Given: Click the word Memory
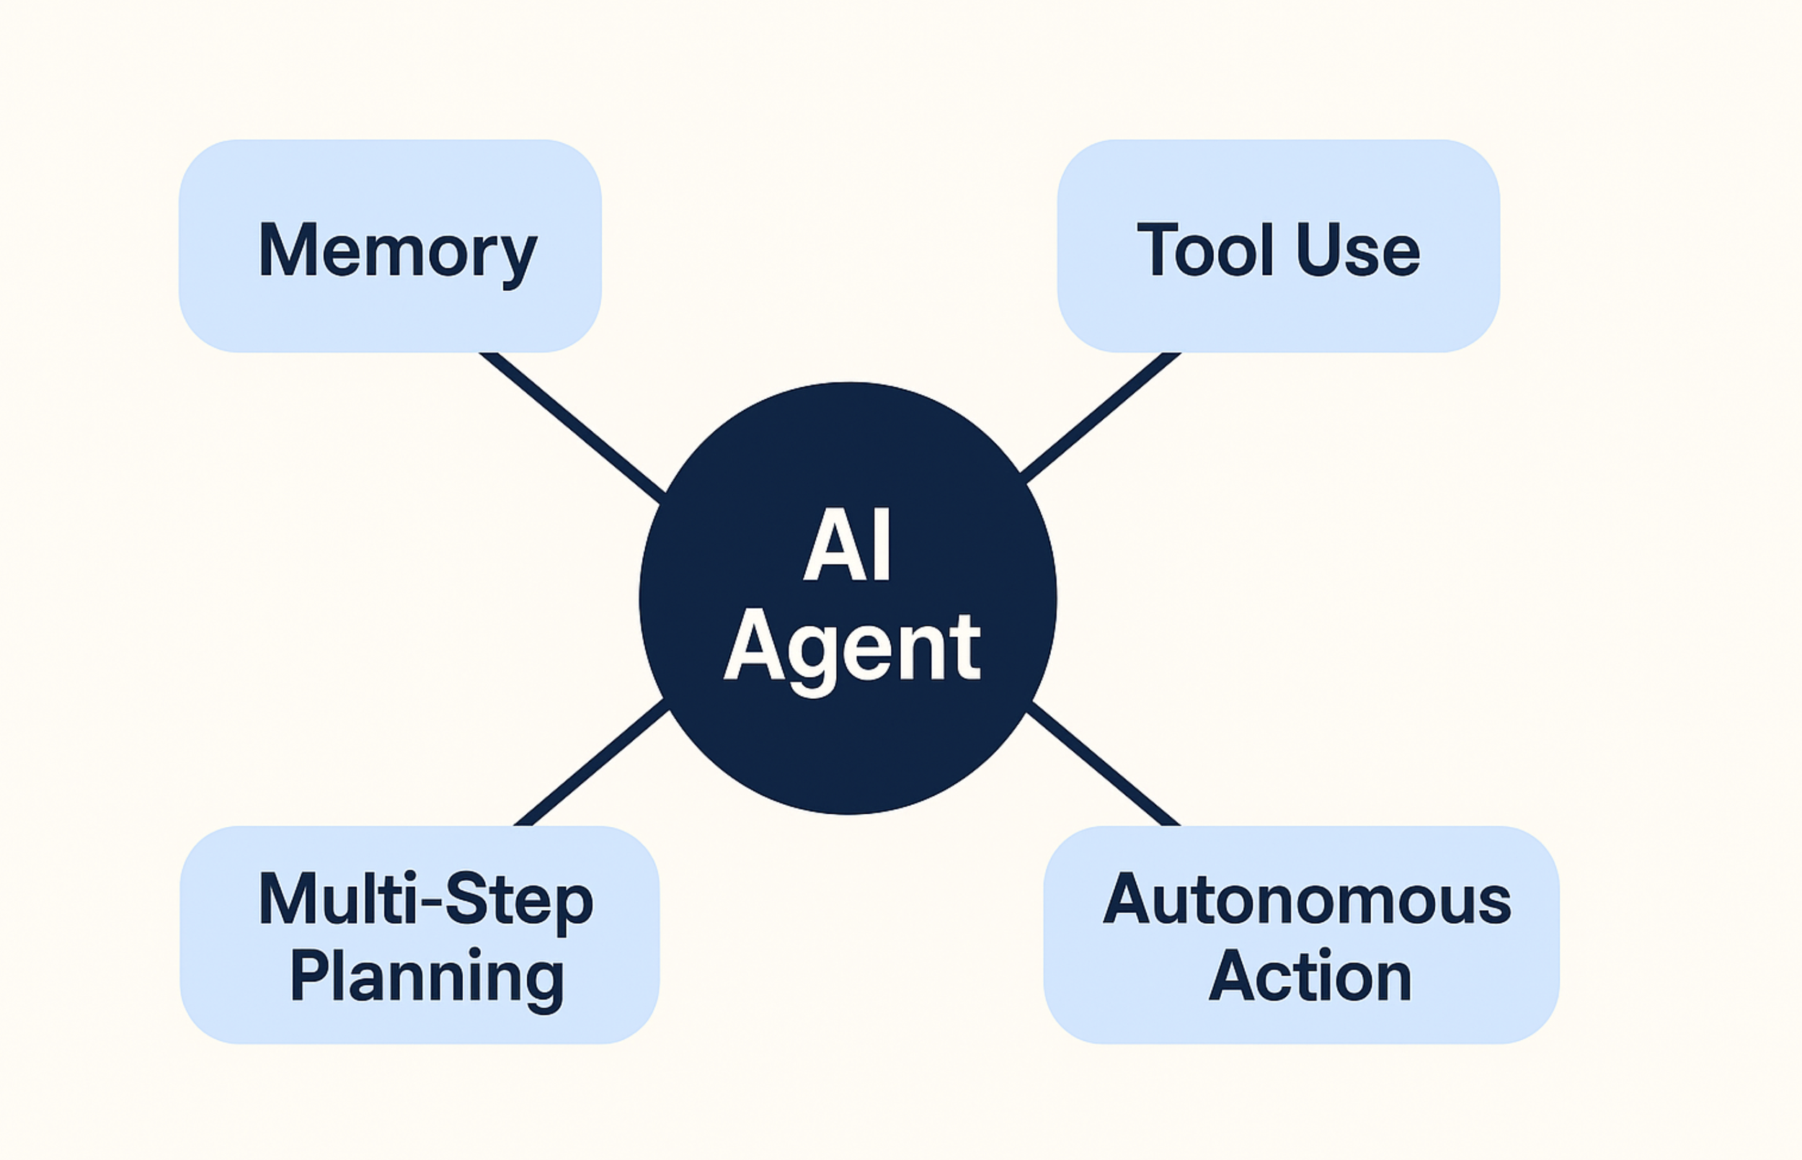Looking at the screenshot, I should tap(397, 251).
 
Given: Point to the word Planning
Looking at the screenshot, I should tap(427, 976).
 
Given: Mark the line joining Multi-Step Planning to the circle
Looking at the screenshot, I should tap(592, 763).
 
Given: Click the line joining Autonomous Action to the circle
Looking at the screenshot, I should tap(1104, 764).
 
